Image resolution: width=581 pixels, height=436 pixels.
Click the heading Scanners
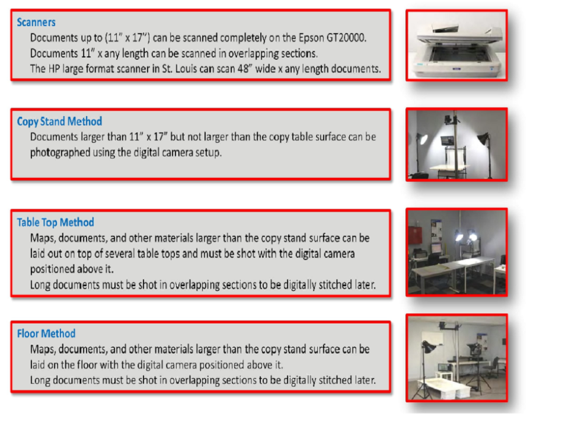tap(36, 23)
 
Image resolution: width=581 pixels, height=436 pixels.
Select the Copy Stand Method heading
tap(59, 121)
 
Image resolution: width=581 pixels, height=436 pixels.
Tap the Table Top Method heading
tap(55, 223)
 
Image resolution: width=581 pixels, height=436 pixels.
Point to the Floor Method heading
tap(46, 334)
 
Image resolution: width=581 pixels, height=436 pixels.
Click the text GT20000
tap(346, 37)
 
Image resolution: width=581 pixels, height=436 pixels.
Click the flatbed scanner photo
tap(456, 45)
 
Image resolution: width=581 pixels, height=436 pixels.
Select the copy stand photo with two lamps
tap(456, 144)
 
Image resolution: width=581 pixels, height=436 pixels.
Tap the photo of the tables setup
tap(456, 251)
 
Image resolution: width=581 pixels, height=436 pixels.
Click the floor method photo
tap(456, 358)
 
